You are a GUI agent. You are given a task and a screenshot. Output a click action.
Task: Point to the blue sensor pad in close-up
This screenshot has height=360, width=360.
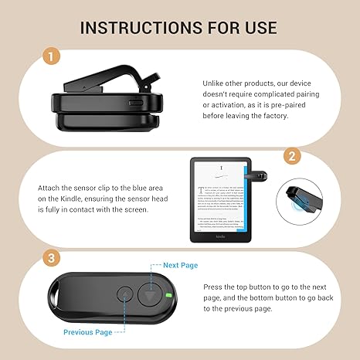[303, 199]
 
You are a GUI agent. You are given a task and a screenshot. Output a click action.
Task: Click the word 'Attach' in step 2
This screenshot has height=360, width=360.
[52, 186]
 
